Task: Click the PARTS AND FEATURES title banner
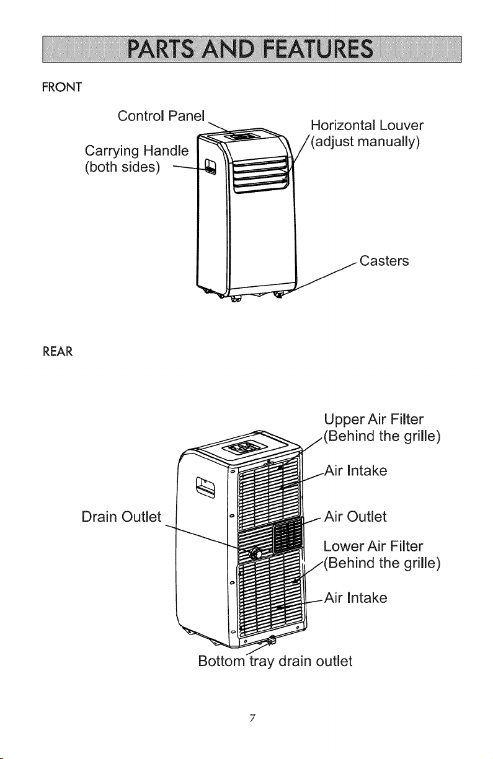click(252, 49)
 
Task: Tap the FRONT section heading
click(62, 87)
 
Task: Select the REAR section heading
click(58, 352)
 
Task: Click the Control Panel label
click(161, 116)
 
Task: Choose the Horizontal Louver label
click(367, 133)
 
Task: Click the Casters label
click(384, 261)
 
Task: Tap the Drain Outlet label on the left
click(122, 517)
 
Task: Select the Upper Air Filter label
click(382, 428)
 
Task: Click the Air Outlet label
click(355, 516)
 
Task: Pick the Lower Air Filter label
click(382, 555)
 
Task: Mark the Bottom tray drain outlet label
click(275, 661)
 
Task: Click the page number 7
click(252, 717)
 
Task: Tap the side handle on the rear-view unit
click(205, 487)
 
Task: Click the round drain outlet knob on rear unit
click(255, 553)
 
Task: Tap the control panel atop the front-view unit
click(242, 136)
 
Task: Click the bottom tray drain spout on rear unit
click(272, 640)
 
